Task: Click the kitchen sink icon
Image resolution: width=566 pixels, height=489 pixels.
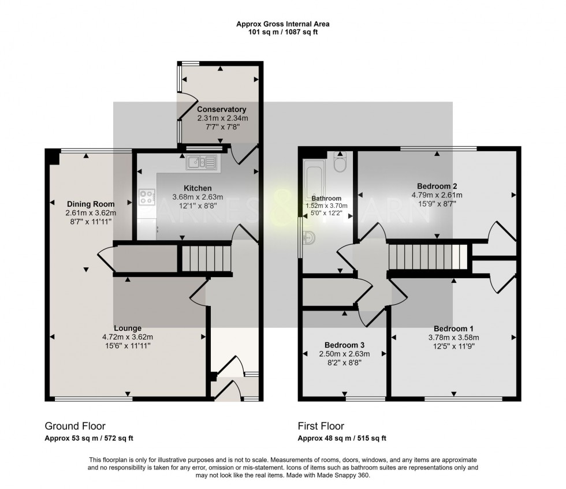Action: click(202, 163)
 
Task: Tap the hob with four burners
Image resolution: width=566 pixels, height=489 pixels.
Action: click(147, 197)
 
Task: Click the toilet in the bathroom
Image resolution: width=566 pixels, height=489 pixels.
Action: click(340, 162)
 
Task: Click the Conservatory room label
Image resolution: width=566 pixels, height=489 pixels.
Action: click(222, 109)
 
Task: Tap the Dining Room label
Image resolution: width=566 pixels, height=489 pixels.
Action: click(91, 204)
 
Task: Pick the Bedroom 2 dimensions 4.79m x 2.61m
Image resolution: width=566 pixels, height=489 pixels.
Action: click(437, 195)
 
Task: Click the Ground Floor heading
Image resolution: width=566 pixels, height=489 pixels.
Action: click(75, 426)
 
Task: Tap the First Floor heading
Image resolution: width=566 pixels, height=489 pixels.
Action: click(321, 426)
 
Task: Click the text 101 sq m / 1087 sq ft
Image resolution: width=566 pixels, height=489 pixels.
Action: click(282, 32)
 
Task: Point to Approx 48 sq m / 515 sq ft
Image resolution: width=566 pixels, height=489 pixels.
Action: click(342, 438)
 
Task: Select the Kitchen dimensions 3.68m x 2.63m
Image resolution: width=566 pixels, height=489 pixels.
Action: click(198, 197)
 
